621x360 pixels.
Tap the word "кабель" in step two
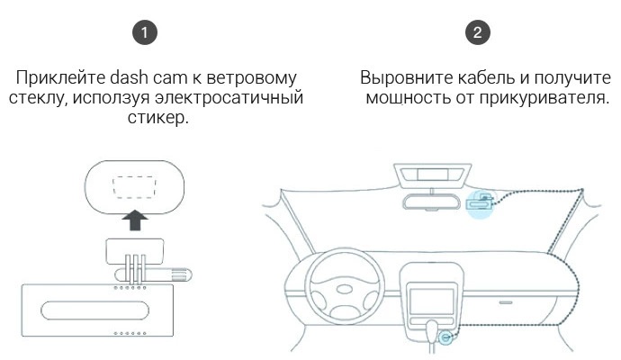pos(480,77)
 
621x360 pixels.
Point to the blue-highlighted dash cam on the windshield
pos(482,203)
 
